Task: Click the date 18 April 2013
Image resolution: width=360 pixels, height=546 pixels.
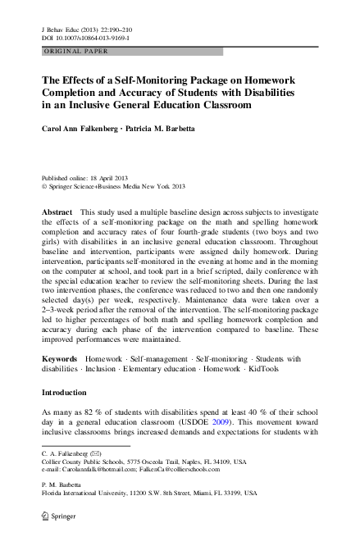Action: click(x=113, y=177)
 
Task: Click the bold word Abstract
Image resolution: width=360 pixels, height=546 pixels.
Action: click(x=57, y=211)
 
